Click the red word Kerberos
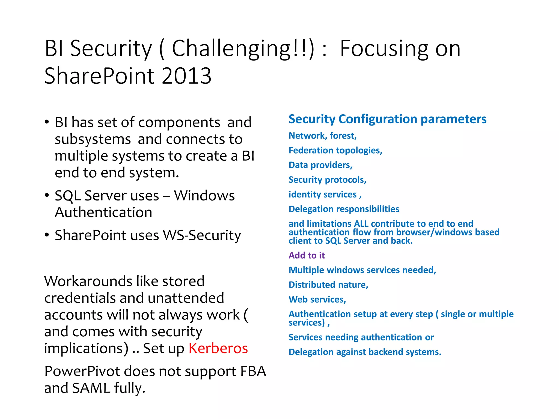coord(218,348)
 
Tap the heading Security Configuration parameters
coord(387,119)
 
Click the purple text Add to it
coord(307,255)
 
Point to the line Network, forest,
coord(322,136)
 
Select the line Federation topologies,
coord(335,150)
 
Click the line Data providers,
coord(320,165)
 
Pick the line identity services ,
coord(325,194)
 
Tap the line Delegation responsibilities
coord(344,209)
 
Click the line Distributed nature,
coord(328,285)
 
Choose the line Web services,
coord(317,300)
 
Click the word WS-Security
coord(202,235)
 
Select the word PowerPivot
coord(82,372)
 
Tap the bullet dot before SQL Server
coord(47,195)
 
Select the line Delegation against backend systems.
coord(365,352)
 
